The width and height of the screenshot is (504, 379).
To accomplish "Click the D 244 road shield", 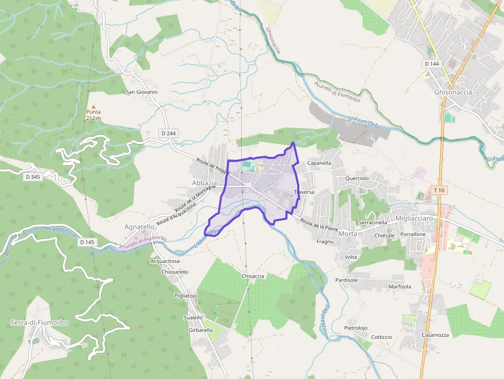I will tap(168, 133).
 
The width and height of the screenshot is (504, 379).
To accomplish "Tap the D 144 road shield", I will tap(433, 64).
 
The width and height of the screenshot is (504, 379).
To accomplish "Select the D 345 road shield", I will tap(32, 177).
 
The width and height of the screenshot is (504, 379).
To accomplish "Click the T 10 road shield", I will tap(439, 190).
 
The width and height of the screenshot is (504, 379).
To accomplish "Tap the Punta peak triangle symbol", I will tap(94, 106).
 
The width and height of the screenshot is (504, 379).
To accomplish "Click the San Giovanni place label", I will tap(142, 92).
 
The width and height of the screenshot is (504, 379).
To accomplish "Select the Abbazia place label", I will tap(204, 183).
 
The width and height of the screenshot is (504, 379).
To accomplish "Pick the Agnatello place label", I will tap(139, 226).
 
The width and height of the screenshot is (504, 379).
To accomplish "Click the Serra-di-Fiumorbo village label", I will tap(39, 322).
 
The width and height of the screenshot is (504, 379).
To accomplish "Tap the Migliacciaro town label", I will tap(414, 219).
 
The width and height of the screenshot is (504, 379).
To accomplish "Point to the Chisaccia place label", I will tap(253, 276).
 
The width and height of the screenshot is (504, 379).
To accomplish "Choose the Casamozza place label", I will tap(435, 335).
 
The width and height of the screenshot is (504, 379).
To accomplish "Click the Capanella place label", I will tap(319, 163).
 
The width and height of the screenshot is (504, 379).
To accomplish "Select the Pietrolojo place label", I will tap(356, 328).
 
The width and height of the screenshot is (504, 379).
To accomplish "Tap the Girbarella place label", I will tap(201, 330).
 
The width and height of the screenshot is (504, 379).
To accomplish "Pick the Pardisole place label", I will tap(346, 280).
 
